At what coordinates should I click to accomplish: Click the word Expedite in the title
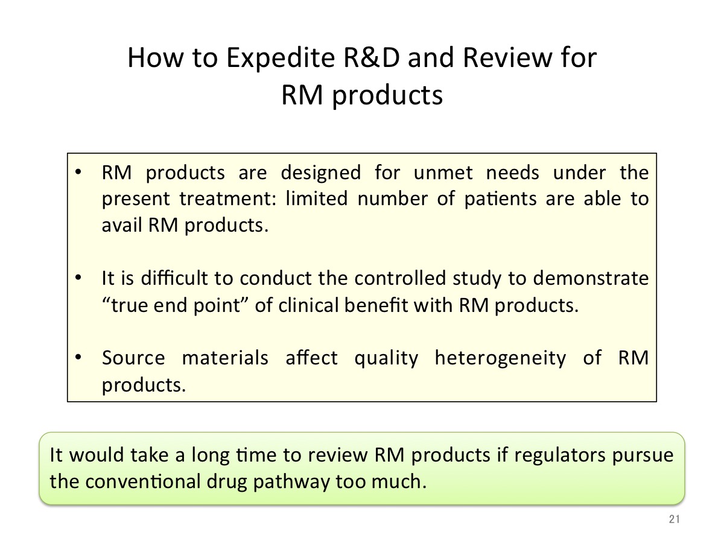point(281,59)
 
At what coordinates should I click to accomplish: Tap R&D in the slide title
point(372,57)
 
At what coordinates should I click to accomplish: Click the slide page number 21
point(674,519)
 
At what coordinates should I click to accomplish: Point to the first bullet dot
point(78,172)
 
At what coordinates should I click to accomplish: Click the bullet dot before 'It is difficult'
point(78,278)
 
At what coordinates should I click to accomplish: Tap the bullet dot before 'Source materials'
point(78,357)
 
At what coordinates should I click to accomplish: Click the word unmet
point(443,173)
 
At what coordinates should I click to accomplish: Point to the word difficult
point(175,278)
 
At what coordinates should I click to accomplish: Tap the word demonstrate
point(591,278)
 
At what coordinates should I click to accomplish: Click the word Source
point(133,358)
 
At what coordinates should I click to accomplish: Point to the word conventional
point(143,481)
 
